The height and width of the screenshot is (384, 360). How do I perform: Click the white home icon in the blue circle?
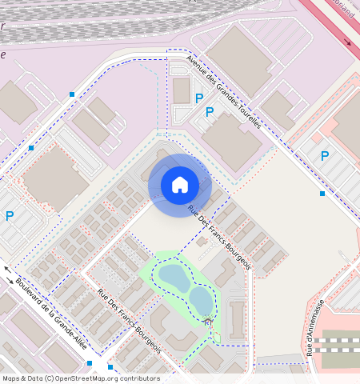180,185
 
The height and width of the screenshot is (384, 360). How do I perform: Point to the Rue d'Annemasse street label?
314,328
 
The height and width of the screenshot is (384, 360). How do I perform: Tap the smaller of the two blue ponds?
201,300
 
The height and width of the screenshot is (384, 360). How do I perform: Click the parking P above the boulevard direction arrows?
10,216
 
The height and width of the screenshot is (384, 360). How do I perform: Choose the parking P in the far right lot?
325,156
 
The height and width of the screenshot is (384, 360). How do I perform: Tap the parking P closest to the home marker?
210,112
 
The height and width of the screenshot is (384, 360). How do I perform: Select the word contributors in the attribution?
140,378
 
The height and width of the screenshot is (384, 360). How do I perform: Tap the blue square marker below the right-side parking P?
322,194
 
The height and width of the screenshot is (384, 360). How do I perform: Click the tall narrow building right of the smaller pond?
237,317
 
